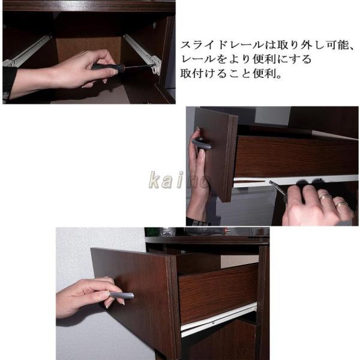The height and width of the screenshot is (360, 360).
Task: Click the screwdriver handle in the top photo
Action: click(x=107, y=67)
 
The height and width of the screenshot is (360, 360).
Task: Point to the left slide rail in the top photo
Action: click(x=27, y=52)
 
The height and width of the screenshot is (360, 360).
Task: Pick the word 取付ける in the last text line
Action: click(x=203, y=74)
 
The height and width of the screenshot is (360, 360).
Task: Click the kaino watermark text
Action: click(x=179, y=180)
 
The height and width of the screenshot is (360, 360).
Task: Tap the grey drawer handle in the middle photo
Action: click(x=202, y=143)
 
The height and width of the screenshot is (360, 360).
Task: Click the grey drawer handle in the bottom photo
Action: click(x=121, y=295)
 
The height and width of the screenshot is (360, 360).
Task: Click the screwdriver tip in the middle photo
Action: click(x=271, y=182)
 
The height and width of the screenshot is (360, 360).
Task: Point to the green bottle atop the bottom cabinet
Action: click(x=152, y=232)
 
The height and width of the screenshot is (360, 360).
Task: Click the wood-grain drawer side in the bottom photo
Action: click(x=218, y=294)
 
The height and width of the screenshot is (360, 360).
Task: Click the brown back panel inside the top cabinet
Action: click(x=89, y=50)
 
